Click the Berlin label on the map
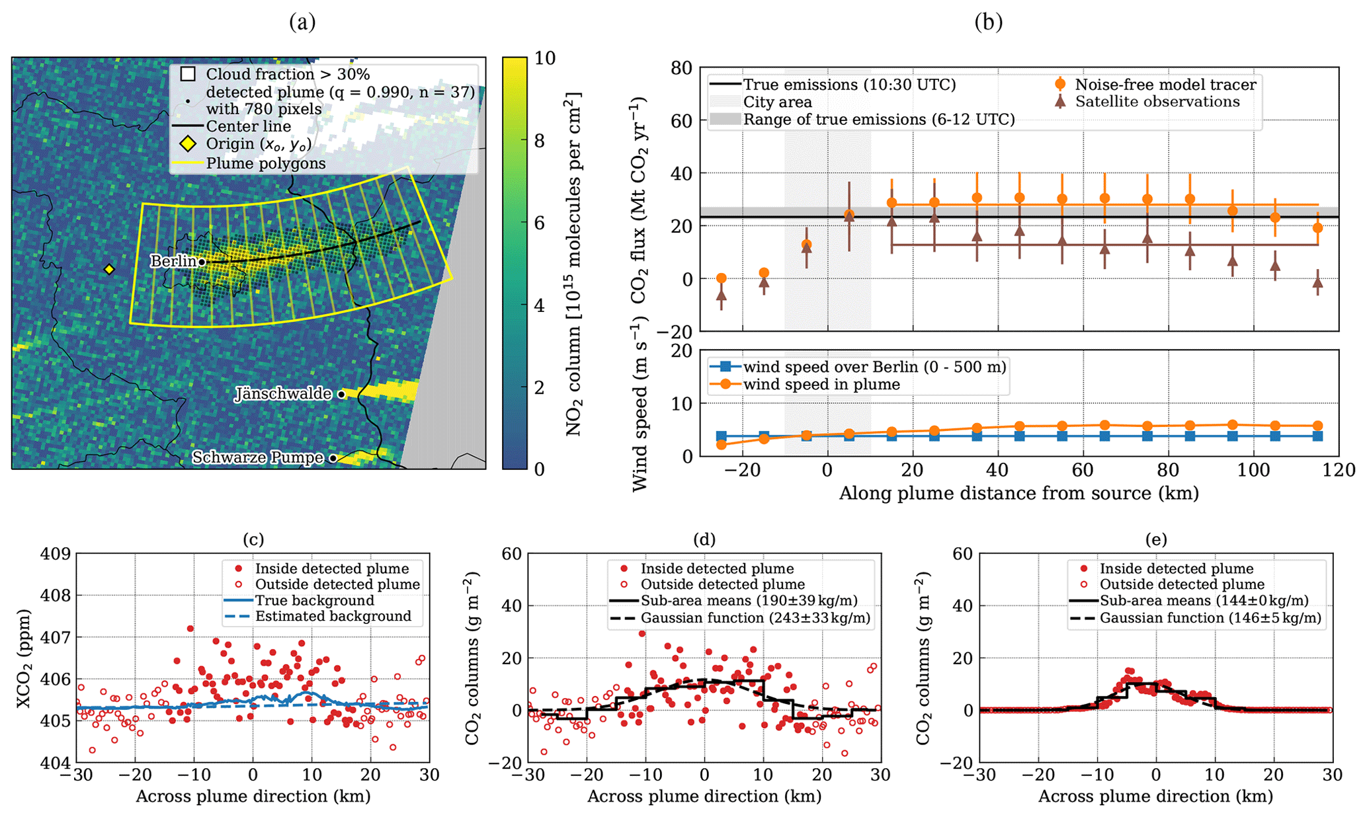(173, 261)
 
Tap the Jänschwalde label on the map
(284, 394)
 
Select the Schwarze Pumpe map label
(258, 457)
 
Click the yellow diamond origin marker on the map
(109, 269)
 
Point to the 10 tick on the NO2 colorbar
(545, 58)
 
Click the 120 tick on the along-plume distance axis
(1339, 470)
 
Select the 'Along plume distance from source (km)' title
(1018, 494)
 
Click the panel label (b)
(988, 22)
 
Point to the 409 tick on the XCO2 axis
(56, 553)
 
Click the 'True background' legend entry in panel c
(315, 600)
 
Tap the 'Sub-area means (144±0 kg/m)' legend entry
(1204, 601)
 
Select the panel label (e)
(1155, 539)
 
